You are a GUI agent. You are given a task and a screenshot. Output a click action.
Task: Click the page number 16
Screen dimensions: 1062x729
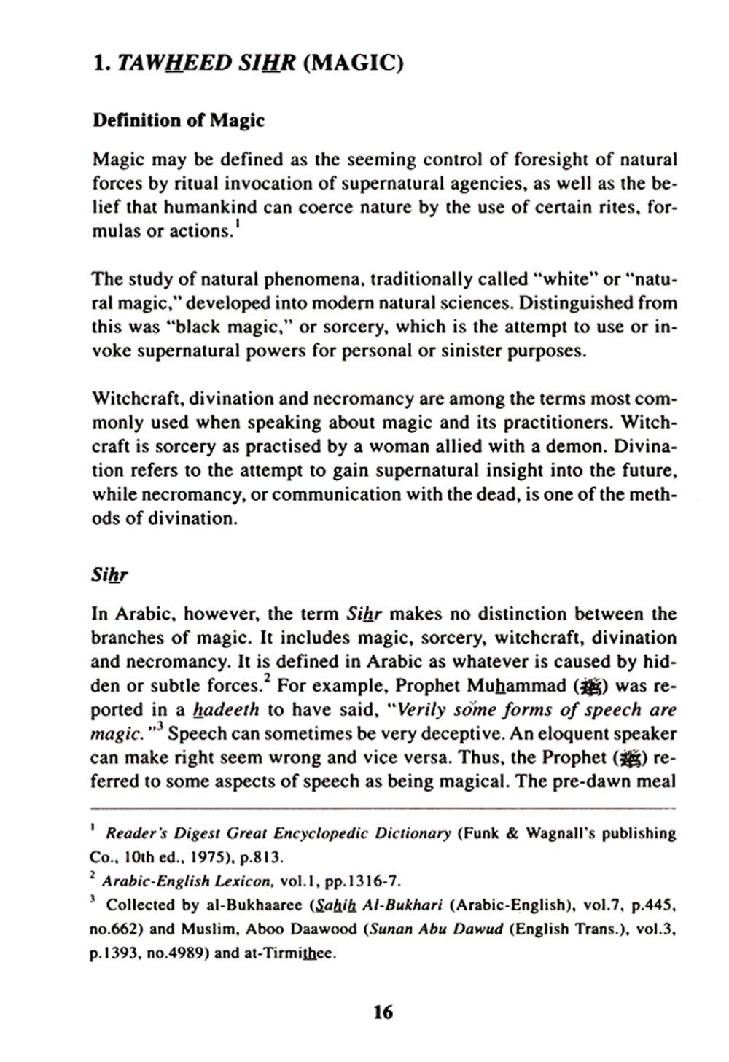click(383, 1012)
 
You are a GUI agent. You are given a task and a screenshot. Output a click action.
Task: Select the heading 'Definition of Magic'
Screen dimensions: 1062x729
click(178, 120)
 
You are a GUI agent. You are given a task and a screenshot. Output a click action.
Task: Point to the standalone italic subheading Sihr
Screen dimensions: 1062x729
click(109, 575)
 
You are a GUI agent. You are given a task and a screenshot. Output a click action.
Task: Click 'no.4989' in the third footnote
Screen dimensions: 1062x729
click(175, 953)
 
